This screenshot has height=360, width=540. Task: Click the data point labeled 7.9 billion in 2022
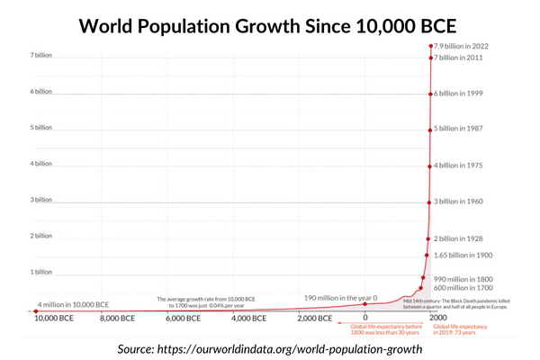[430, 46]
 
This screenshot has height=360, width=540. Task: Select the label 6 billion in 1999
[467, 94]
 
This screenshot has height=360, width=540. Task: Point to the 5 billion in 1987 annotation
[467, 129]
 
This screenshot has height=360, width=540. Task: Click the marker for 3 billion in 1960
[429, 201]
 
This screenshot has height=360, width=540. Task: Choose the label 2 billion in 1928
[467, 238]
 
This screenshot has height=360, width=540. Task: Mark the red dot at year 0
[365, 304]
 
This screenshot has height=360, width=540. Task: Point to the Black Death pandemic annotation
[456, 303]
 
